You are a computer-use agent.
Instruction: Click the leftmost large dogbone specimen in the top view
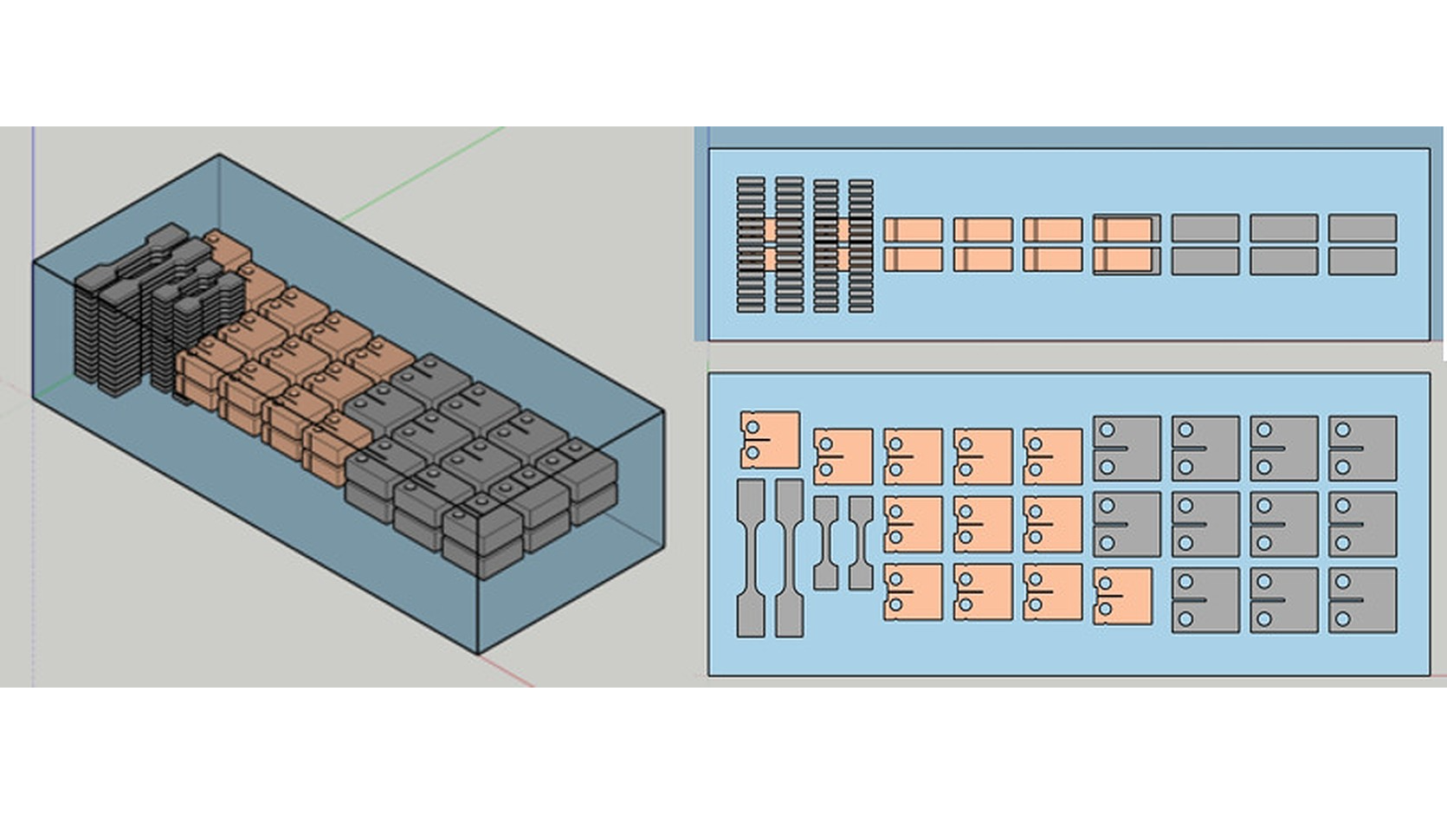(751, 559)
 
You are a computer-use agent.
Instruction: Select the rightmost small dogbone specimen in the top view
(861, 543)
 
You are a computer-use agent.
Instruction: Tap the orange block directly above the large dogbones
(770, 439)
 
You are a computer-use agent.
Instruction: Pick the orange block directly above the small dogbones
(843, 456)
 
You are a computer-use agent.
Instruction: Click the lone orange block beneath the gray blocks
(1123, 597)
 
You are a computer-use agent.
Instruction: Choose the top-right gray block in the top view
(1362, 449)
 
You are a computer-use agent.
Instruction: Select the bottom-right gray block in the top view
(1362, 600)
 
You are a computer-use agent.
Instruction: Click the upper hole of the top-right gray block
(1343, 430)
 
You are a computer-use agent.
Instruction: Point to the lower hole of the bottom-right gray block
(1343, 619)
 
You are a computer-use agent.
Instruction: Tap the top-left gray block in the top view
(1127, 449)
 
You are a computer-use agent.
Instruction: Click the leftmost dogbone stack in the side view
(751, 245)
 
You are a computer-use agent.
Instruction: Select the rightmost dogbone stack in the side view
(861, 245)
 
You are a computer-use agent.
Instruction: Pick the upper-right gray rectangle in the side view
(1362, 229)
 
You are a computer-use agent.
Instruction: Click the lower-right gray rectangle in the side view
(1362, 262)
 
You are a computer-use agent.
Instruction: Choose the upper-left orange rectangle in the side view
(914, 229)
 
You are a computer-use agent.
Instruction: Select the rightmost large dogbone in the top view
(789, 559)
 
